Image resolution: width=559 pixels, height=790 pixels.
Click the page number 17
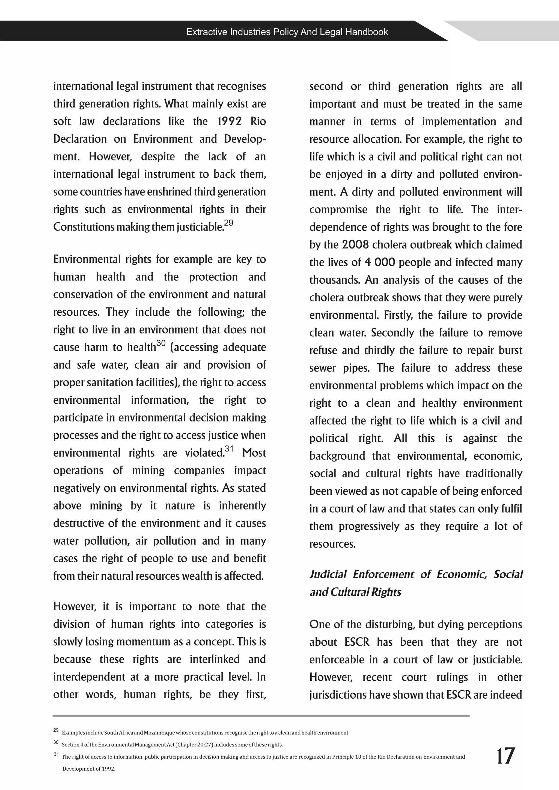[x=505, y=756]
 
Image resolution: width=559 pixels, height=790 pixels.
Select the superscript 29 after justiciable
[x=228, y=223]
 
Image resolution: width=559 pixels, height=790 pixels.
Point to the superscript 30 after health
[x=161, y=343]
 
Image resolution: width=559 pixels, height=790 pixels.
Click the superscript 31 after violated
[x=229, y=449]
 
